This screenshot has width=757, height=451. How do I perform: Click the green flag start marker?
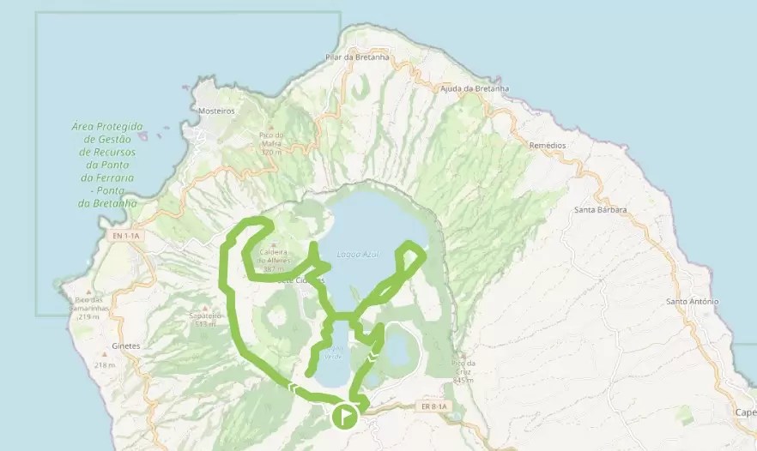[343, 417]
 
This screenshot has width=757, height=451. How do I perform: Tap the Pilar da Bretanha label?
[358, 57]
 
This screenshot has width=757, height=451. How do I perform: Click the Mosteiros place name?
[216, 111]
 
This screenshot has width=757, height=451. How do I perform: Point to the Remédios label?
[548, 146]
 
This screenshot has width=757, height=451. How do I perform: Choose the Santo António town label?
[692, 302]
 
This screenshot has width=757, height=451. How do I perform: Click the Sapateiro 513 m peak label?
[204, 320]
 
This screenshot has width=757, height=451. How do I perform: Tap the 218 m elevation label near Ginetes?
[105, 365]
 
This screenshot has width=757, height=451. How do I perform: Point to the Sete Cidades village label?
[300, 280]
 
